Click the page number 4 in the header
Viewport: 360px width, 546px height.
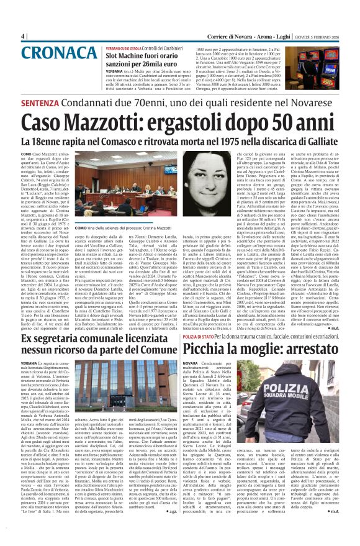[x=23, y=36]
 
